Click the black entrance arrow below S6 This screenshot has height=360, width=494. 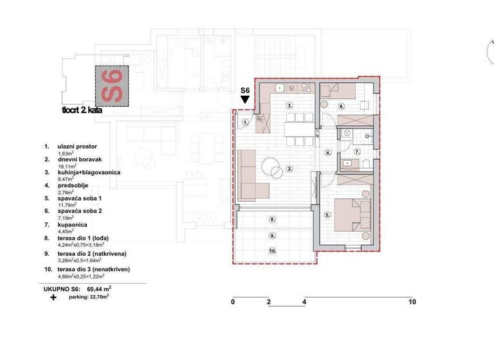pos(245,100)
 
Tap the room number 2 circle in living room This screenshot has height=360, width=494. pos(290,169)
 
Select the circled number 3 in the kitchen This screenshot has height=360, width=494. pos(290,105)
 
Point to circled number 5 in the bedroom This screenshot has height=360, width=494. pos(327,215)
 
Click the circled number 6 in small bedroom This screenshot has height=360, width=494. pos(342,106)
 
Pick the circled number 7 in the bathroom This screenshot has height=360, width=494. pos(358,152)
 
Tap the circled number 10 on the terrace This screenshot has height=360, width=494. pos(272,250)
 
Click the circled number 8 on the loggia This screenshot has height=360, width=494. pos(272,219)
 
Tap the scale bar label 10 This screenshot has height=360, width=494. pos(412,301)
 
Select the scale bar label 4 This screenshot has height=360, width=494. pos(304,301)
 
